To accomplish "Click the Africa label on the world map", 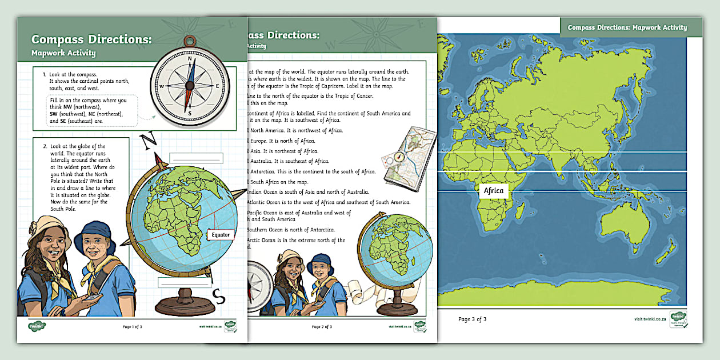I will pos(494,191).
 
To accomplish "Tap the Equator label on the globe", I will pos(220,234).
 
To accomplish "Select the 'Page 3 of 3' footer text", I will pos(472,319).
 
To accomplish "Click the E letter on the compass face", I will pos(218,86).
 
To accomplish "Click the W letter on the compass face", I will pos(162,86).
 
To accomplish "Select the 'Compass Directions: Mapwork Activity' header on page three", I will pos(627,27).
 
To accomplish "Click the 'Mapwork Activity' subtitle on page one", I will pos(63,53).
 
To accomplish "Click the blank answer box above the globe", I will pos(196,158).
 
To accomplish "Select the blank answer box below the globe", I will pos(184,281).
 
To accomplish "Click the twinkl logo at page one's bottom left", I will pos(37,326).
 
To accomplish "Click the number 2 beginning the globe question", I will pos(45,146).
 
